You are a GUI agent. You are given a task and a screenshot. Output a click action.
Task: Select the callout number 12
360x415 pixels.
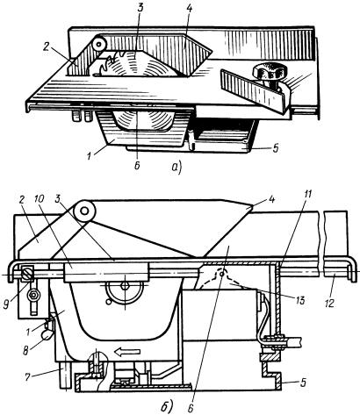pos(330,303)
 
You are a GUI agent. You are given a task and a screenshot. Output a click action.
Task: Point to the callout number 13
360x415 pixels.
pos(299,299)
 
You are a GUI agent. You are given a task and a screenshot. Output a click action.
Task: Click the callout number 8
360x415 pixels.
pos(25,350)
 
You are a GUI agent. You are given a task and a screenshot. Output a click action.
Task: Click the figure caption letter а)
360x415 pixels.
pos(177,168)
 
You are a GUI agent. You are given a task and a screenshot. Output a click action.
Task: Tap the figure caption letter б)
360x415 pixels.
pos(167,406)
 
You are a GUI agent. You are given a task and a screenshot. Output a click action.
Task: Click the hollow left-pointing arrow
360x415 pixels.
pos(126,352)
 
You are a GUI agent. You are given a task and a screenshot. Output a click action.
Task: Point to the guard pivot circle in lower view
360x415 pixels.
pos(84,211)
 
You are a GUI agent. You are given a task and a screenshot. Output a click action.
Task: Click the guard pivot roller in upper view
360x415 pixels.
pos(100,45)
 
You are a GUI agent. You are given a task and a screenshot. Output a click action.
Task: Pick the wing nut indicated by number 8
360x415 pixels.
pos(48,333)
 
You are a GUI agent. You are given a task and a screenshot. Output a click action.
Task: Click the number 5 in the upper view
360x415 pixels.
pos(276,149)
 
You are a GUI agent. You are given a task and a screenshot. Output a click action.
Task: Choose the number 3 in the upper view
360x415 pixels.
pos(140,8)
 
